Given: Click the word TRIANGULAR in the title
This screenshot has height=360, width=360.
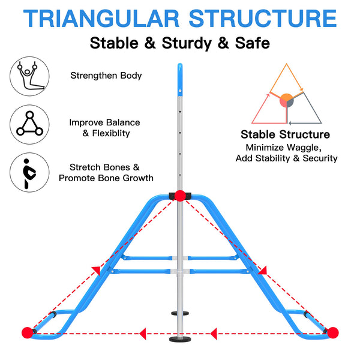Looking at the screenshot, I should click(x=101, y=19).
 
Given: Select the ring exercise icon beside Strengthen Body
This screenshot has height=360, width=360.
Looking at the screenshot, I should click(x=29, y=76).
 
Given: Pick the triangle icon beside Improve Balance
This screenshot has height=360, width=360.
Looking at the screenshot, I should click(x=29, y=124).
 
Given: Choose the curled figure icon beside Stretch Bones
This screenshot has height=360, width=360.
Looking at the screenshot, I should click(x=29, y=172).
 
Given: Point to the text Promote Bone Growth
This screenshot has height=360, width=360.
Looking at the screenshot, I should click(x=106, y=178).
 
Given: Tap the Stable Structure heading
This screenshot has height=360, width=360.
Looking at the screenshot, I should click(x=285, y=134).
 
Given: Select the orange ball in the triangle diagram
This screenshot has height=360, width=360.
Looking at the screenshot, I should click(x=286, y=98).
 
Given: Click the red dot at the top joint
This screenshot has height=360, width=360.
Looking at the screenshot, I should click(x=180, y=196).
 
